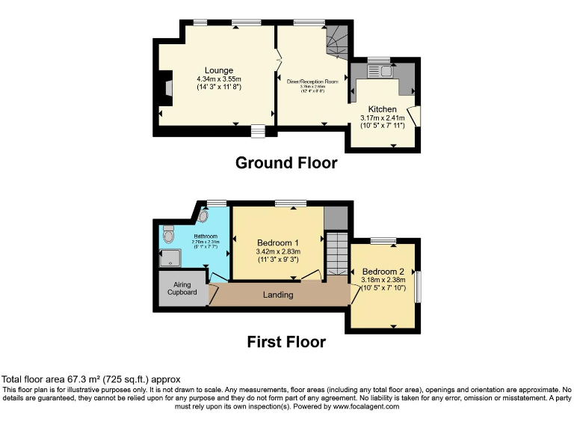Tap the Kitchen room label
click(x=382, y=109)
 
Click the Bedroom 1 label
click(x=278, y=243)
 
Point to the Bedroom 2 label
click(x=383, y=271)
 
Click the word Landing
click(x=278, y=295)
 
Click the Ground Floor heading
click(x=286, y=162)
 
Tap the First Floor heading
click(x=286, y=342)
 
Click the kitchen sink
click(x=386, y=71)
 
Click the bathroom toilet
click(x=168, y=235)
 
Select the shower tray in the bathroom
click(x=170, y=259)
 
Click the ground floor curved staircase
click(x=338, y=42)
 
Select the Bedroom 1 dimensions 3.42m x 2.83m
click(x=278, y=252)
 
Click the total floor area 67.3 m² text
click(x=90, y=379)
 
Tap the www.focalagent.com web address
click(x=360, y=406)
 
